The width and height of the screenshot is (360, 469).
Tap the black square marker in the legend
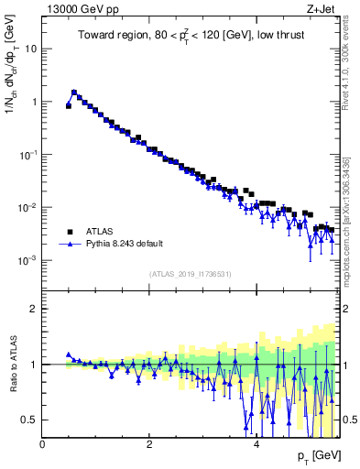coord(70,232)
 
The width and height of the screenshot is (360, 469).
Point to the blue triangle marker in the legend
coord(70,245)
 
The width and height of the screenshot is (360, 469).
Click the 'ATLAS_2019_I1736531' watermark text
coord(190,274)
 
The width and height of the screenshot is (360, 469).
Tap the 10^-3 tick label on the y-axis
coord(28,260)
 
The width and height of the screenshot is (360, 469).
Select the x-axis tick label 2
coord(149,444)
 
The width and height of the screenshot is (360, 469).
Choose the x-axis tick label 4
coord(256,444)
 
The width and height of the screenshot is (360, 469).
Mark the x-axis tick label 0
coord(42,444)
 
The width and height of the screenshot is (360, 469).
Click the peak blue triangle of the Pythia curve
coord(74,93)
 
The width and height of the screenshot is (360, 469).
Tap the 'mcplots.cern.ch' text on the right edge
coord(353,229)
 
